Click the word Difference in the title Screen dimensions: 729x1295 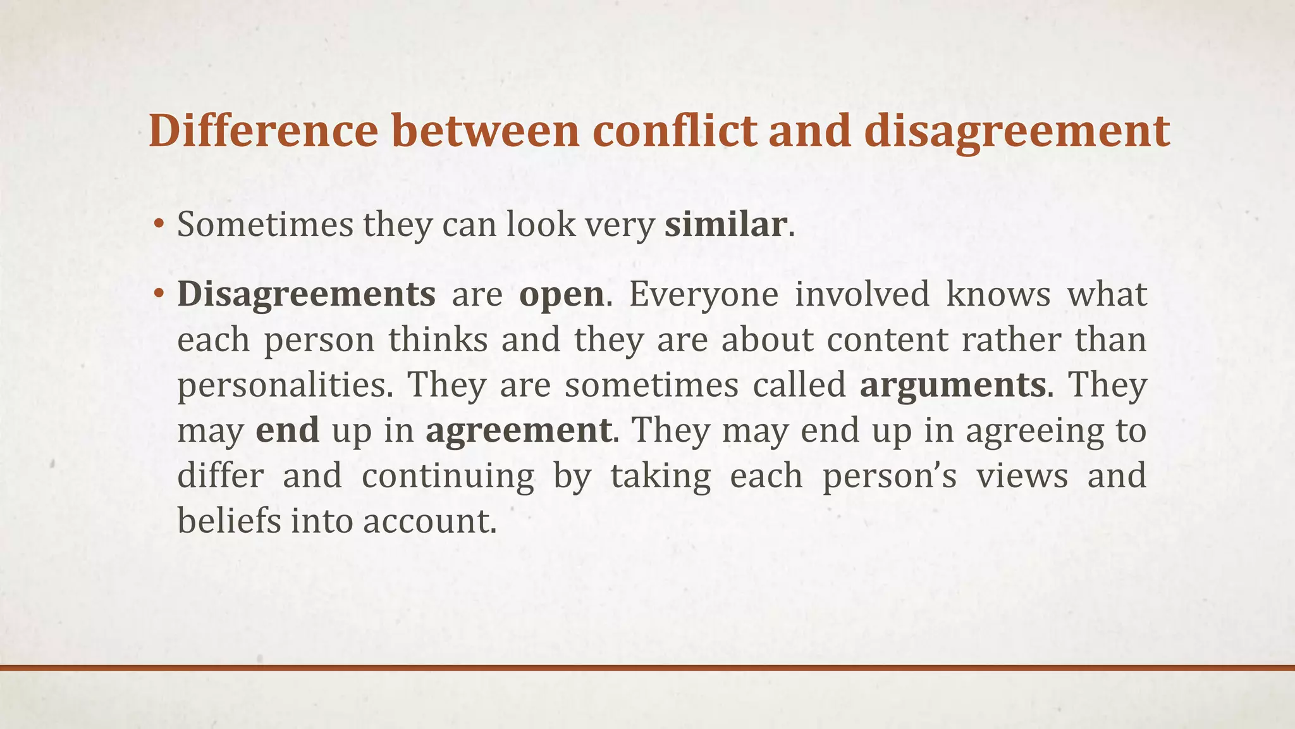point(263,131)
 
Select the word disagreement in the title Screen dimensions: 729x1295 point(1016,131)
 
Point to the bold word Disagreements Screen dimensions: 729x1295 point(306,295)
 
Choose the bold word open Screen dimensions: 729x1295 point(561,295)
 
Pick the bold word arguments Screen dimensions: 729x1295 point(952,385)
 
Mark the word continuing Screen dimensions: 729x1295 point(448,476)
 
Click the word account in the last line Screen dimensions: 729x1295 point(427,521)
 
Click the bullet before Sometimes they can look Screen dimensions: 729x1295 point(159,225)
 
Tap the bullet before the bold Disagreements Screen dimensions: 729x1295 point(159,295)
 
